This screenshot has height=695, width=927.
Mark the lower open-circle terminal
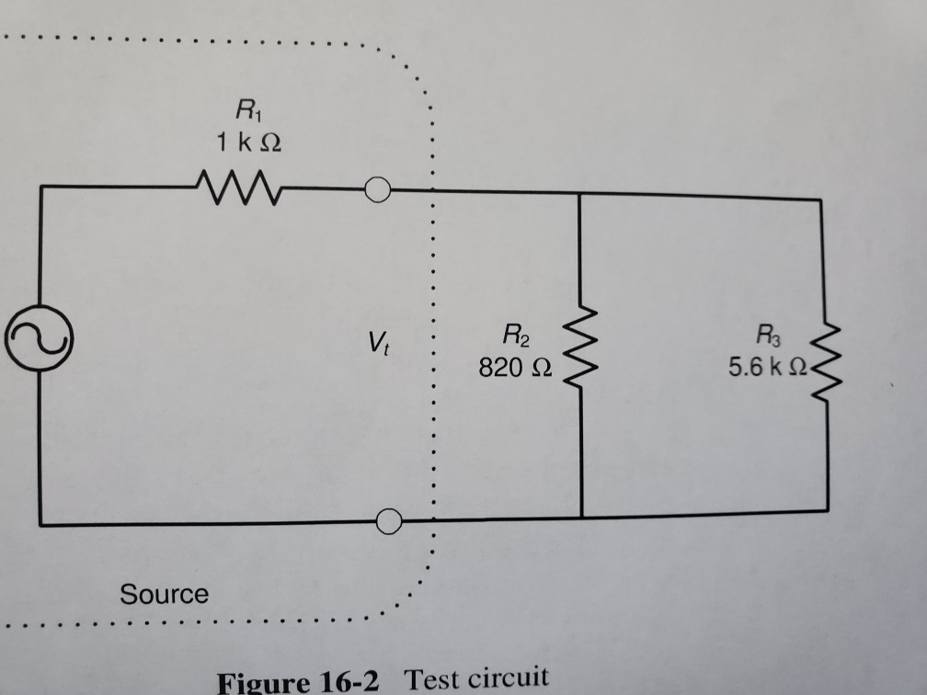tap(390, 521)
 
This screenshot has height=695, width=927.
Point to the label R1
tap(246, 114)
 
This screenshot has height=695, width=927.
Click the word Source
tap(165, 595)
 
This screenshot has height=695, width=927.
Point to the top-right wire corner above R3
tap(820, 199)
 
